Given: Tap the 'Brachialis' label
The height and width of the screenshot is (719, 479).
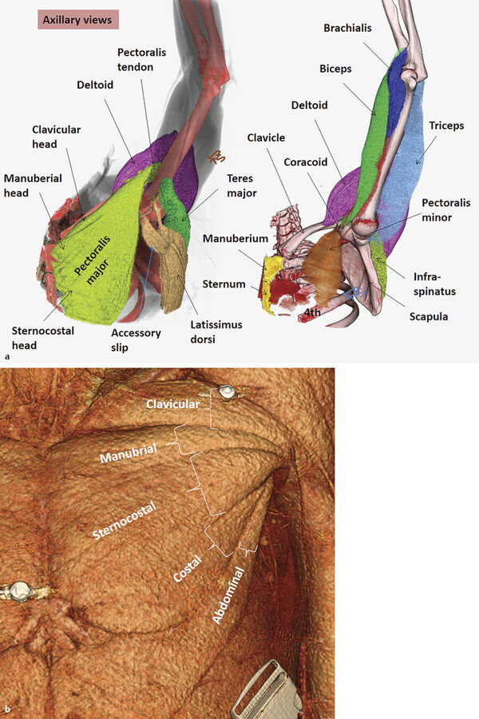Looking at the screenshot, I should (347, 28).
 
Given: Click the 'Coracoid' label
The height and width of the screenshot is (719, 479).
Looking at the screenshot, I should (306, 161).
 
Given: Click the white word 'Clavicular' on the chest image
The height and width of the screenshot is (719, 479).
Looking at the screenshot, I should (172, 404).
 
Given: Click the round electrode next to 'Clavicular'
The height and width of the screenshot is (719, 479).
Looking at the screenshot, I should (228, 392).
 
